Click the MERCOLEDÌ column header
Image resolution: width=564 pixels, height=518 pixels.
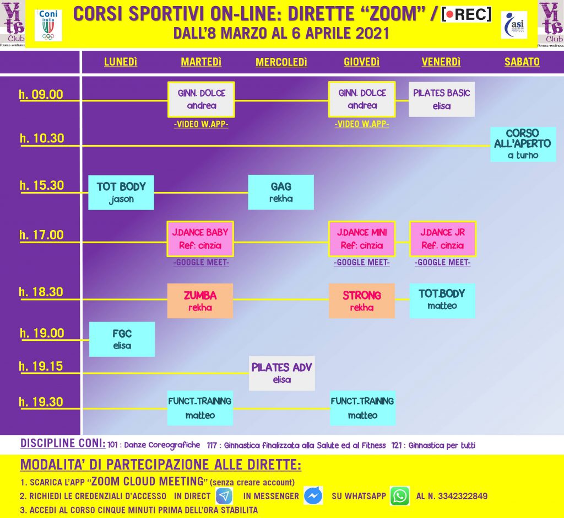pos(281,62)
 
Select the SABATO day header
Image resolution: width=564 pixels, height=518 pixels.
pos(522,62)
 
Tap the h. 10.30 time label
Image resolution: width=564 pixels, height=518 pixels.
pos(42,138)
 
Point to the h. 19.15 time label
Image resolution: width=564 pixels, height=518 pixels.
pos(41,366)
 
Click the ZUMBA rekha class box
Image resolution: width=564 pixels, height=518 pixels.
pos(200,301)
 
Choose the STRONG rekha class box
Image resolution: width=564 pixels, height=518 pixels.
pos(361,301)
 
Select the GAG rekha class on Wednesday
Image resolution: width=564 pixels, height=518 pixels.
pos(281,193)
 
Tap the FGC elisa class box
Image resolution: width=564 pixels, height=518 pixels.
pos(122,339)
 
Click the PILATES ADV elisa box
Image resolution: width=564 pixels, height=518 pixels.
pos(282,373)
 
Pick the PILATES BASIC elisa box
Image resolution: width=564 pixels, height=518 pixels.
pos(442,99)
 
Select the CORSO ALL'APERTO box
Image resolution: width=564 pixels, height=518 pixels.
pos(523,144)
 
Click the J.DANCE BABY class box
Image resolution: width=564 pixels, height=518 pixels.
pos(200,239)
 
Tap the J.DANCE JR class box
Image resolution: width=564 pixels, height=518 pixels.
pos(443,239)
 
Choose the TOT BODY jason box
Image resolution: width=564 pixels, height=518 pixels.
pos(121,193)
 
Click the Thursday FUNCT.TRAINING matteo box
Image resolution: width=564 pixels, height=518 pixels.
pos(362,408)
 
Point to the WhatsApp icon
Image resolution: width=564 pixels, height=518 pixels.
pos(400,496)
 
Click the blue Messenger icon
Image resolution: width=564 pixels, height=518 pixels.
pos(313,496)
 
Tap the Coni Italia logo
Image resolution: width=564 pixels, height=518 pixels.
pos(48,25)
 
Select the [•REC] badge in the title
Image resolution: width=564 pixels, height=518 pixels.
pos(466,14)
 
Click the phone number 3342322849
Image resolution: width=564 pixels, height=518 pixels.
pos(463,496)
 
